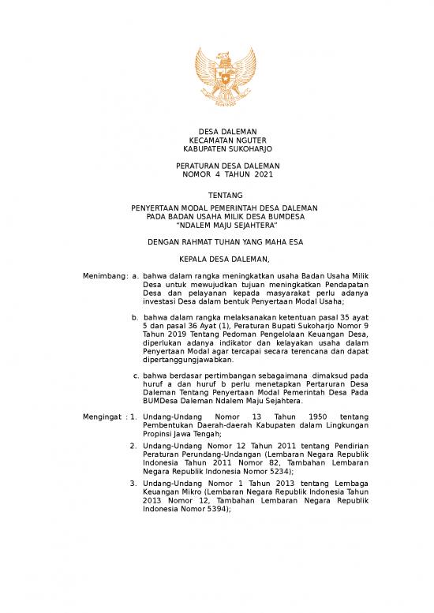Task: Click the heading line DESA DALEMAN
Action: (x=216, y=130)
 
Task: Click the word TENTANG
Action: (x=216, y=194)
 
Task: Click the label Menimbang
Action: (x=105, y=276)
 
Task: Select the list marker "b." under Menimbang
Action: (x=135, y=318)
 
